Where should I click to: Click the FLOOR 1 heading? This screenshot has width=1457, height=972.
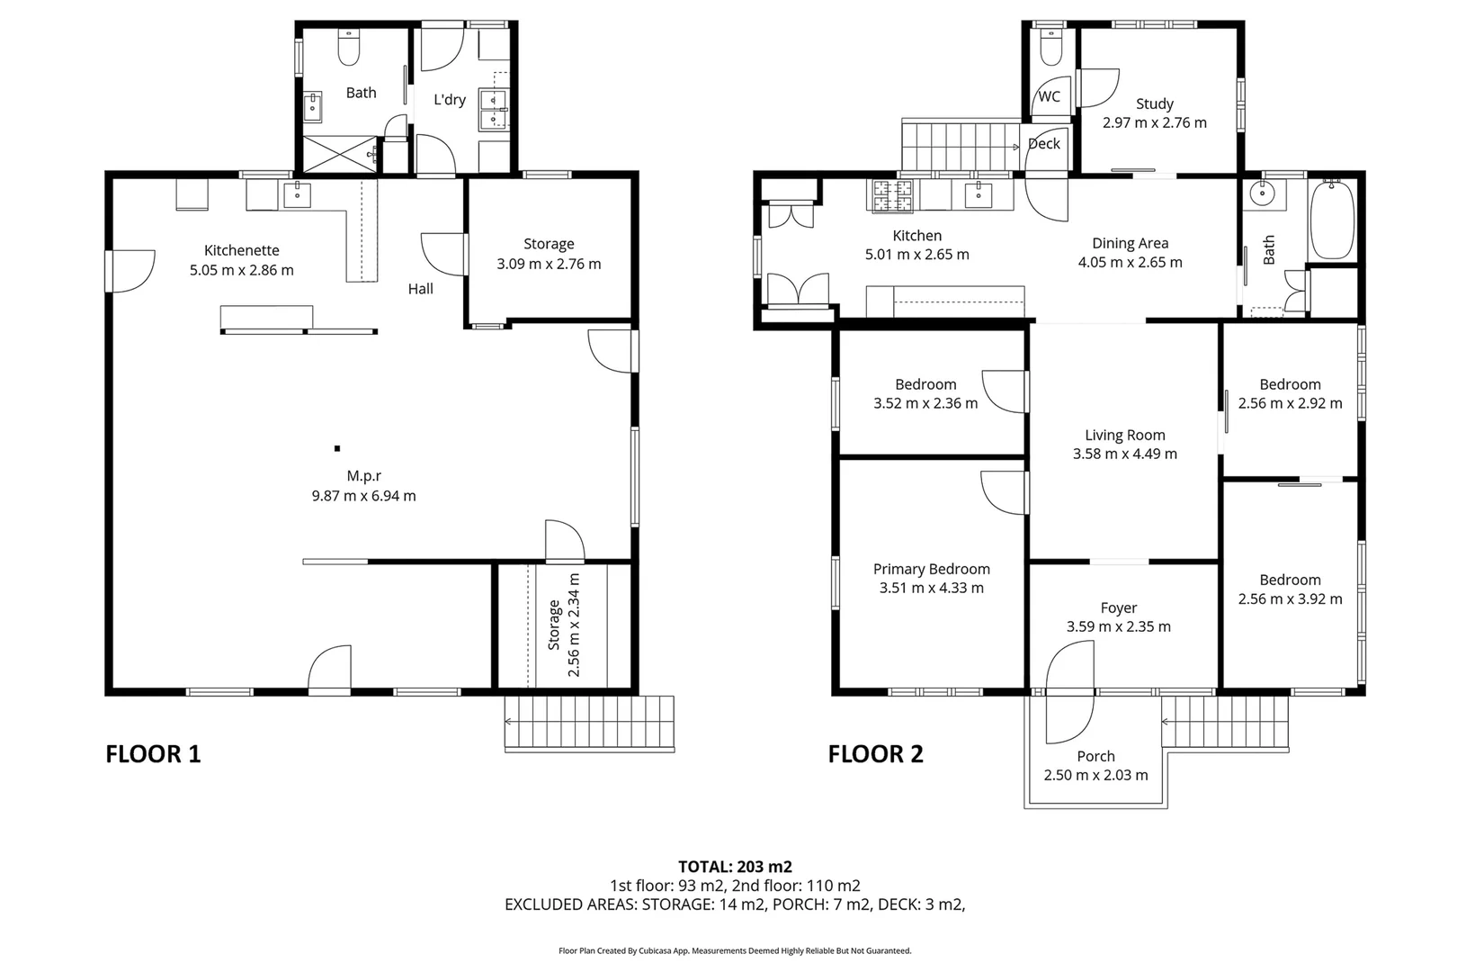(x=153, y=754)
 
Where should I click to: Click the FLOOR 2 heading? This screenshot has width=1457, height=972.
(x=875, y=754)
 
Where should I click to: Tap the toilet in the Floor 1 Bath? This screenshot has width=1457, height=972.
(x=349, y=49)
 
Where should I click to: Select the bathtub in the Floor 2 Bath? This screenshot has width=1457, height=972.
(x=1332, y=219)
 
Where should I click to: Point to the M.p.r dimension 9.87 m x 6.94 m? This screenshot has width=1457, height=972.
(x=363, y=496)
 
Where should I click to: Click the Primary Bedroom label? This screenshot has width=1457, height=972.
(x=931, y=569)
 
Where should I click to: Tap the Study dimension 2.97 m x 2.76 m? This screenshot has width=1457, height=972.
(x=1155, y=122)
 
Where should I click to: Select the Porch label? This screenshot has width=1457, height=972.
(x=1095, y=756)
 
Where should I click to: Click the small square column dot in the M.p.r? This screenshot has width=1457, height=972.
(x=337, y=447)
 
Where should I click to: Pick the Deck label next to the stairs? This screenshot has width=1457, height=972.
(x=1043, y=143)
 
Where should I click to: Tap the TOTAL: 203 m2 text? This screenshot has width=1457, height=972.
(x=735, y=867)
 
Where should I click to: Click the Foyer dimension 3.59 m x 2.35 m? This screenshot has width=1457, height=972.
(x=1118, y=626)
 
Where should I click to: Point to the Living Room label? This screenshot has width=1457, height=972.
(x=1124, y=435)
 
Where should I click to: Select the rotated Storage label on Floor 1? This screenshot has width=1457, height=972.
(x=554, y=625)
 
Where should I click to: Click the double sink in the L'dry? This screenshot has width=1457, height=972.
(x=493, y=109)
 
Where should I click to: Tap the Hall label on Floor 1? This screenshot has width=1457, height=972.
(x=420, y=289)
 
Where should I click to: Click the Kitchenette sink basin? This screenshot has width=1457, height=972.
(x=297, y=194)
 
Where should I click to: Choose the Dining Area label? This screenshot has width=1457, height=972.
(x=1130, y=243)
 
